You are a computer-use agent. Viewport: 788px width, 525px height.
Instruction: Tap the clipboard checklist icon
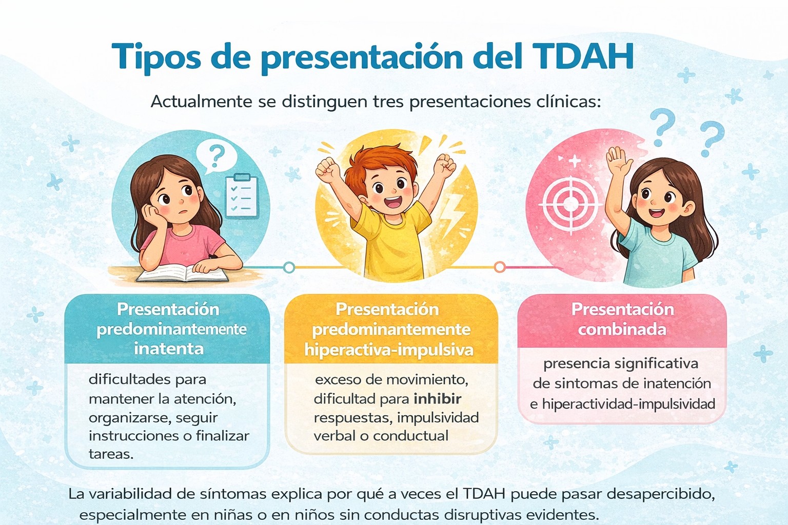[241, 195]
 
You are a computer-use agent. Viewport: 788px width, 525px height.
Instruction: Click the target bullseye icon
[569, 203]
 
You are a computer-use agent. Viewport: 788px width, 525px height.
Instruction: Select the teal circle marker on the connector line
[289, 267]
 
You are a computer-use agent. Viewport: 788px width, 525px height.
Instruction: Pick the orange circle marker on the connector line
[499, 267]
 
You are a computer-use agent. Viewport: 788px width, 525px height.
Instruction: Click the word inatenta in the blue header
[169, 349]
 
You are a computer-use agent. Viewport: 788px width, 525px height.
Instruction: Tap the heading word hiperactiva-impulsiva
[389, 350]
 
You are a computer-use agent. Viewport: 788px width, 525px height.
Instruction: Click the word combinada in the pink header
[622, 329]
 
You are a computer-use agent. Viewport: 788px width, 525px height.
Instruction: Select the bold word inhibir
[438, 398]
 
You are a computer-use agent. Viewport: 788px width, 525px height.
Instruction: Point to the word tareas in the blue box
[111, 454]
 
